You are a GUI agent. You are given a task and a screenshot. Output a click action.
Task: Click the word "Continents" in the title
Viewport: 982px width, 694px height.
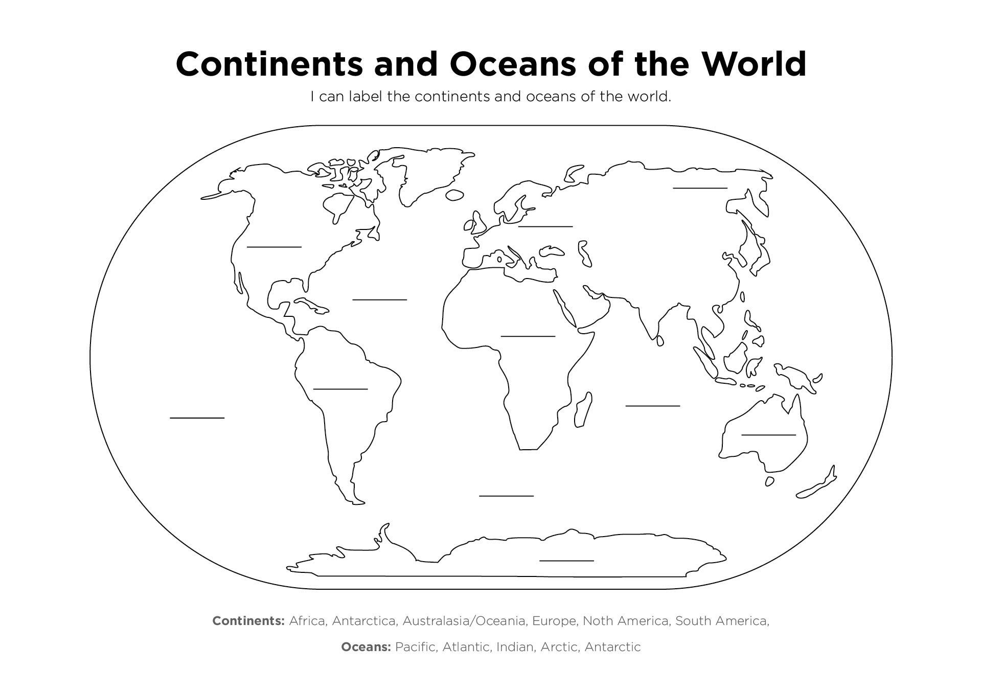coord(269,64)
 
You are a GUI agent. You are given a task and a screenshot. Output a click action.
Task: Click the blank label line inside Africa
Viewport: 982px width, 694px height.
coord(528,336)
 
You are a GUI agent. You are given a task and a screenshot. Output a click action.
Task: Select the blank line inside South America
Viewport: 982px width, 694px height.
coord(340,389)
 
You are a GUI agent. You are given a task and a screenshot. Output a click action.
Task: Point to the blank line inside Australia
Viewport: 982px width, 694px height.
coord(768,434)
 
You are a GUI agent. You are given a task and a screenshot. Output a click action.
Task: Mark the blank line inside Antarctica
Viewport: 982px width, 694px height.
coord(566,561)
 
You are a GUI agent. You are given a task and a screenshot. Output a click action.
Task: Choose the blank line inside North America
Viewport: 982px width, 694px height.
coord(274,247)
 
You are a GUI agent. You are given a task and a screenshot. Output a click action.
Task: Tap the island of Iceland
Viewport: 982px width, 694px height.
coord(454,195)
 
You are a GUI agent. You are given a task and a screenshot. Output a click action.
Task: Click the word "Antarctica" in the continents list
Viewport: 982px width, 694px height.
coord(363,621)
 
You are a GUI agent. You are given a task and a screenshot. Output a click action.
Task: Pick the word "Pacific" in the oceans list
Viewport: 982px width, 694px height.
coord(416,647)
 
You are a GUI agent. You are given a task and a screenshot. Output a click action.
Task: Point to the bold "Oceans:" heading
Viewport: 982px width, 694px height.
coord(366,647)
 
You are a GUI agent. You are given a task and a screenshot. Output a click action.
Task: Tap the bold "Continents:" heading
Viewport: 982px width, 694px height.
coord(248,621)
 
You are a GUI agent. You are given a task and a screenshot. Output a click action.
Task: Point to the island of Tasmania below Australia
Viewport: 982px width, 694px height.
coord(769,481)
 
